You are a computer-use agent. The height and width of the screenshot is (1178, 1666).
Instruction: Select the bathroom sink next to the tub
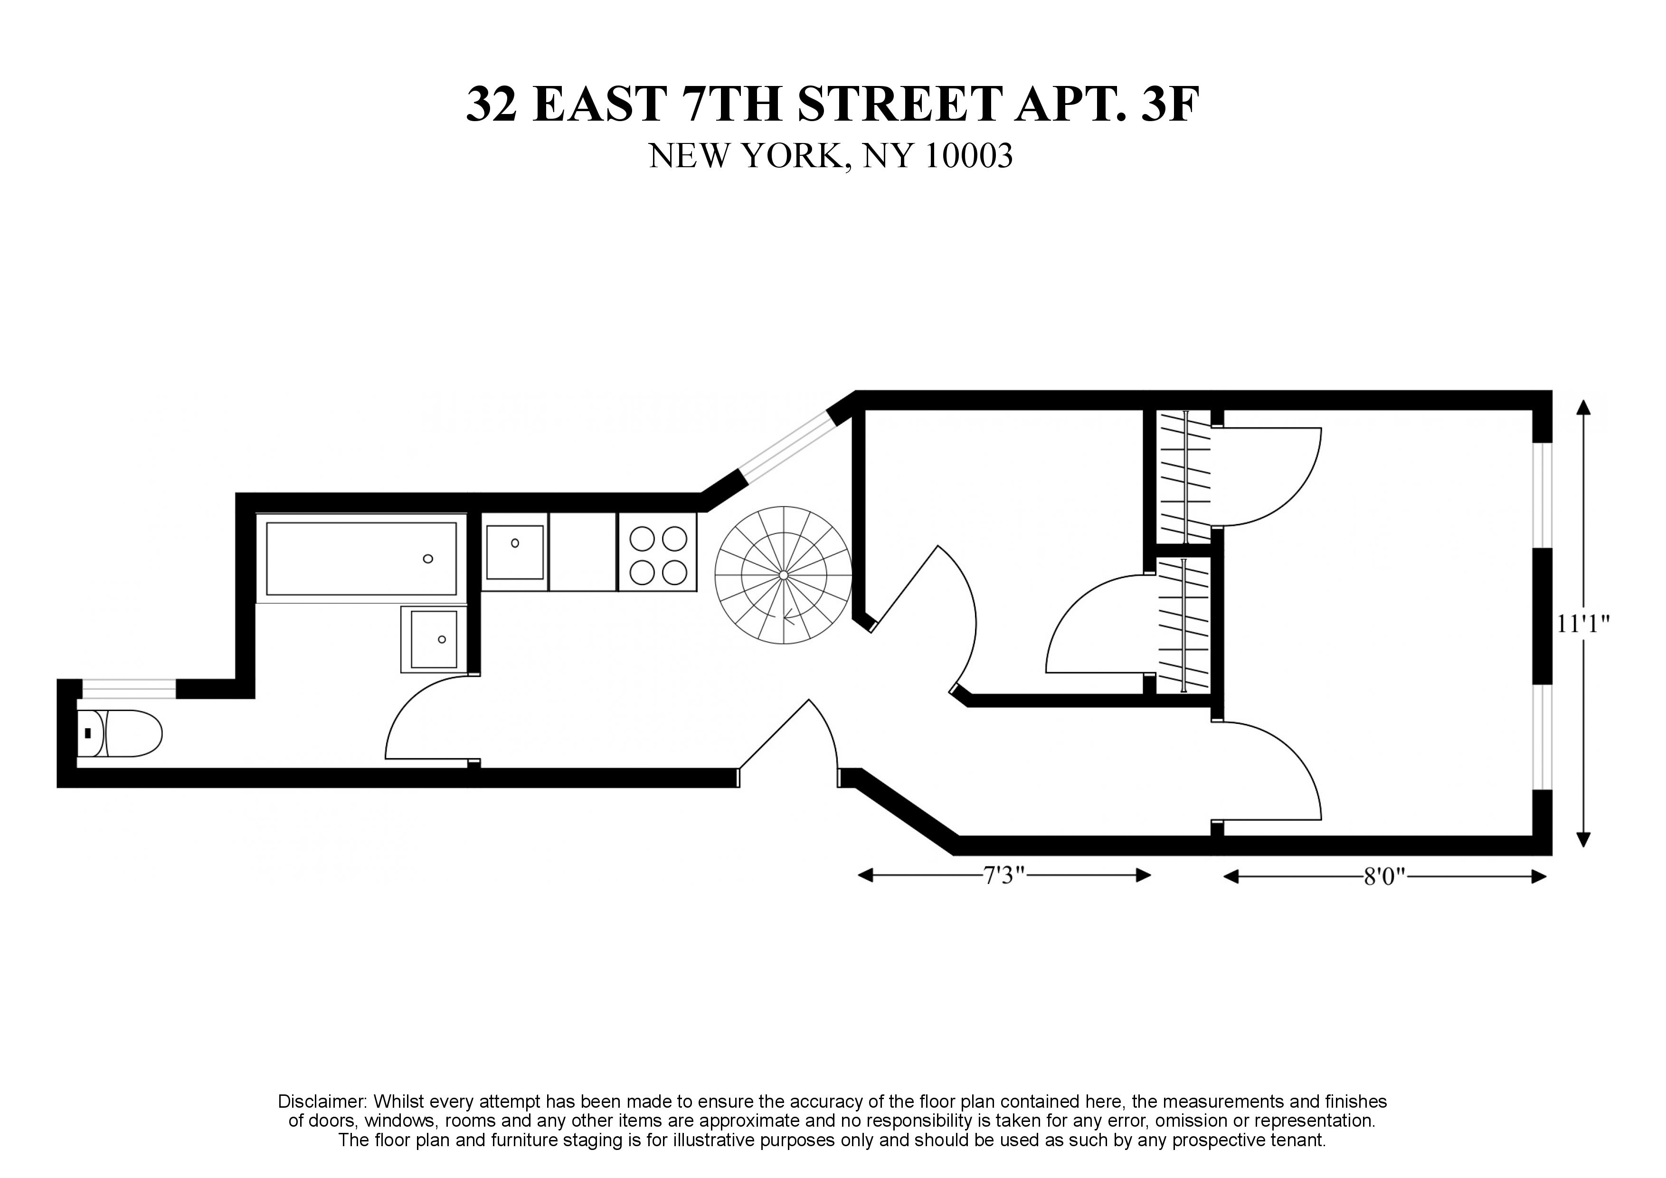tap(433, 639)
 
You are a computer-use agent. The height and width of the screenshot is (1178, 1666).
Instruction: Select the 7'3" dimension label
tap(1003, 876)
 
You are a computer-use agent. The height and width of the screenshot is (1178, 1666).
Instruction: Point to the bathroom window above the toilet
tap(128, 688)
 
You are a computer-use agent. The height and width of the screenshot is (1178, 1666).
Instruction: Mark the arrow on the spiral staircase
tap(789, 618)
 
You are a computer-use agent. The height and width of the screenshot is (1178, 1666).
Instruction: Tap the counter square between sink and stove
tap(583, 551)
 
